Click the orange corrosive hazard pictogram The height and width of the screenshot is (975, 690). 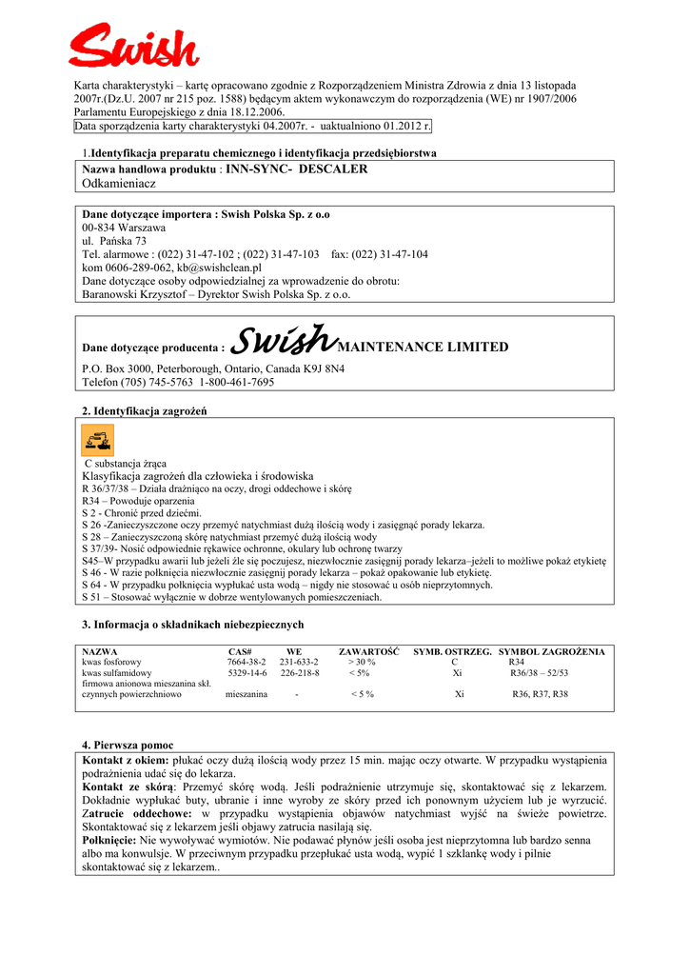pos(97,440)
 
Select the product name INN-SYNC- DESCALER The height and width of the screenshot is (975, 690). pos(297,169)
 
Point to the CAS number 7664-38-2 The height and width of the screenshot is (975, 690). pos(246,662)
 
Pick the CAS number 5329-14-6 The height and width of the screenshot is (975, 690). pos(246,673)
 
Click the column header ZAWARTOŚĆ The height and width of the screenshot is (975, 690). pos(369,651)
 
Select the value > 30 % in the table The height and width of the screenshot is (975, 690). pos(362,662)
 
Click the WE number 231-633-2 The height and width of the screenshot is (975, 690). pos(299,662)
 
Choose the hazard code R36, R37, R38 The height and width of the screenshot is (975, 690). pos(540,695)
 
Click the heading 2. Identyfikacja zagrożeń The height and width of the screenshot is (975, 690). pos(144,410)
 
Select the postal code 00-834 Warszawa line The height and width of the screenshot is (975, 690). pos(124,229)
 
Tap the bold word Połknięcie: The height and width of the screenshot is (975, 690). pos(110,841)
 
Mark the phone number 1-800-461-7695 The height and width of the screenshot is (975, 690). pos(237,382)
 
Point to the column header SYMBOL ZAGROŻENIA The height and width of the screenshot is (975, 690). pos(552,651)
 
